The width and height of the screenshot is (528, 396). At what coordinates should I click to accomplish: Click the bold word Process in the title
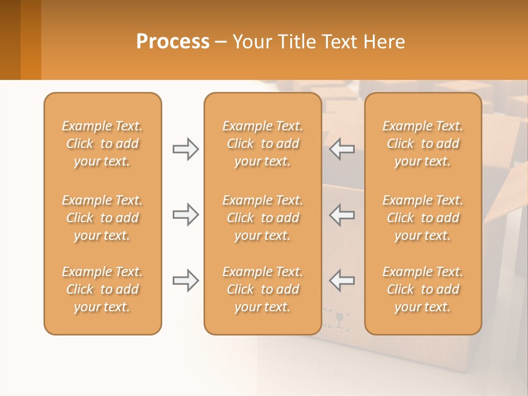[173, 42]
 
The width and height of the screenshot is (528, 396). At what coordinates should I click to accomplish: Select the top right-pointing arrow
[185, 149]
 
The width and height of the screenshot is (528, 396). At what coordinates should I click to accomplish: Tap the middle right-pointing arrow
[185, 215]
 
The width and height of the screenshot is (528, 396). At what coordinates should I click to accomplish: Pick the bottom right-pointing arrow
[185, 281]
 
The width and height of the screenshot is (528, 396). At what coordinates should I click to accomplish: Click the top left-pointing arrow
[342, 149]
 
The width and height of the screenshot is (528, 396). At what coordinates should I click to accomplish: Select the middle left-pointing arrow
[342, 215]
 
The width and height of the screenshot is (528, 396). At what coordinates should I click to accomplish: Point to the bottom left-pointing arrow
[342, 281]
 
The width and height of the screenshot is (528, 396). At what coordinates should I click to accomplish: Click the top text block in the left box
[102, 144]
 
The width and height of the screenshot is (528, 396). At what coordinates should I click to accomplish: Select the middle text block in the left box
[102, 218]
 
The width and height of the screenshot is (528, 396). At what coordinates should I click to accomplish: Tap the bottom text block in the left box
[102, 289]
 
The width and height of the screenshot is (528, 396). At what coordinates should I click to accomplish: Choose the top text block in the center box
[262, 144]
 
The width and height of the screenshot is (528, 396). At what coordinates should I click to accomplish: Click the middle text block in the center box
[262, 218]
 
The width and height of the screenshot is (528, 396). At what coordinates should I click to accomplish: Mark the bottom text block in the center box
[262, 289]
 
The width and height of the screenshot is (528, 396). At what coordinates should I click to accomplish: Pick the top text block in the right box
[423, 144]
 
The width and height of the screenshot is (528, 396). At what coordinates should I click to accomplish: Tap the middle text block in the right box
[423, 218]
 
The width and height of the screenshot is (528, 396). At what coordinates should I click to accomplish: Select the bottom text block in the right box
[423, 289]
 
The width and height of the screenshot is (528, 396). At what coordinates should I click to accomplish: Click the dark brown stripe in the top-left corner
[10, 38]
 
